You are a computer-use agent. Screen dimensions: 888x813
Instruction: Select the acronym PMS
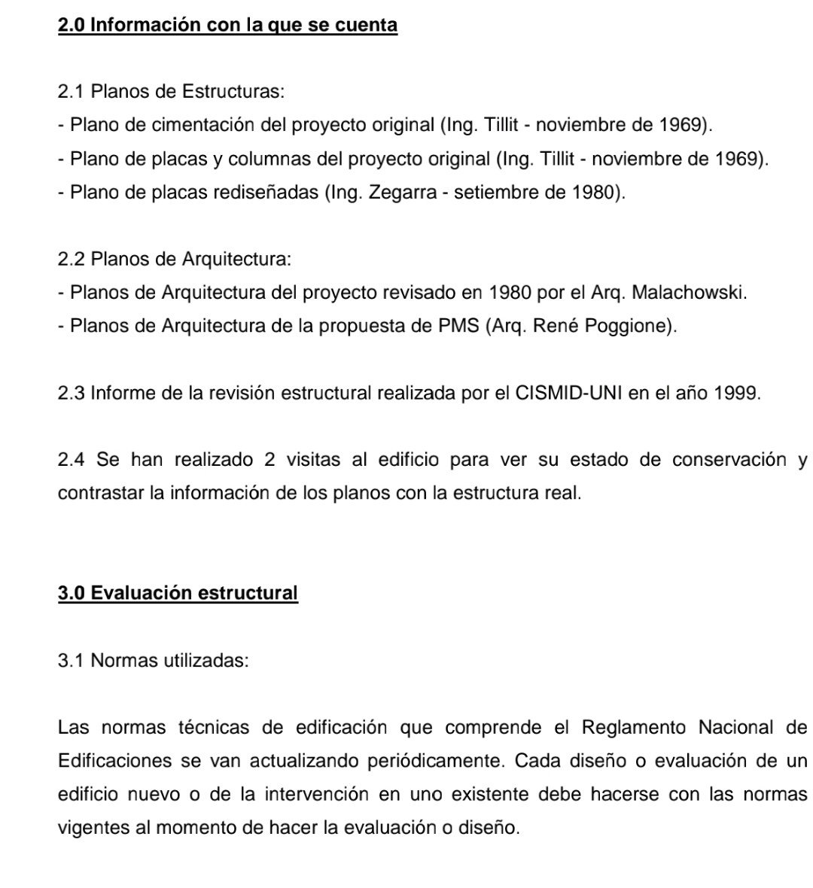click(460, 327)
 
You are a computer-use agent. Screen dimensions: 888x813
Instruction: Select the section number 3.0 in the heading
click(72, 593)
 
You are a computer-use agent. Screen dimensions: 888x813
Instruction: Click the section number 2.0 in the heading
click(72, 25)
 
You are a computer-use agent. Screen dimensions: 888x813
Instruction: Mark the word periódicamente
click(437, 761)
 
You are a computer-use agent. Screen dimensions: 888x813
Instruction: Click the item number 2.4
click(72, 460)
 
